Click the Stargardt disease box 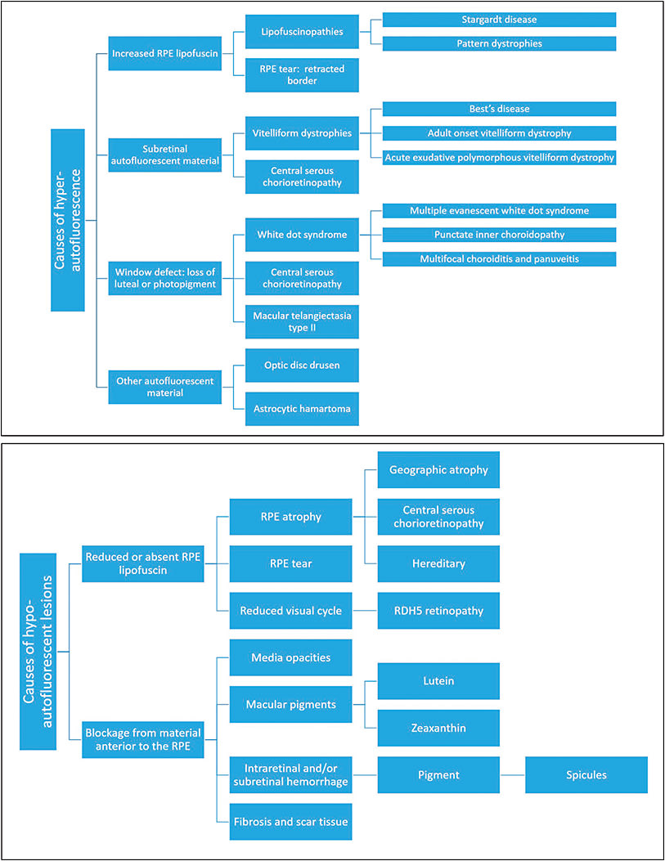click(x=498, y=19)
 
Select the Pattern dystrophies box click(x=498, y=43)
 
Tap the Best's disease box click(x=498, y=109)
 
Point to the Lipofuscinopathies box click(x=302, y=31)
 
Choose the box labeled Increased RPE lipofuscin click(x=164, y=54)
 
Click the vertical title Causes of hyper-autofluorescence click(x=67, y=218)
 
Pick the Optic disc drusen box click(x=302, y=365)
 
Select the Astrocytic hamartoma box click(x=302, y=407)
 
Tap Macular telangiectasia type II click(x=302, y=322)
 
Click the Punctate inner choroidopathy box click(x=498, y=235)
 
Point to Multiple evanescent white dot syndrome click(x=498, y=210)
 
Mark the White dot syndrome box click(x=302, y=235)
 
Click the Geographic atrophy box click(x=438, y=470)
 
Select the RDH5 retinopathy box click(x=438, y=611)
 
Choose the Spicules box click(x=586, y=774)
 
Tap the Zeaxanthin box click(x=438, y=728)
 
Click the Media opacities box click(x=290, y=657)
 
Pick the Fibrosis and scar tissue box click(x=290, y=822)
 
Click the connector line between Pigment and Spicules click(x=512, y=774)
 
